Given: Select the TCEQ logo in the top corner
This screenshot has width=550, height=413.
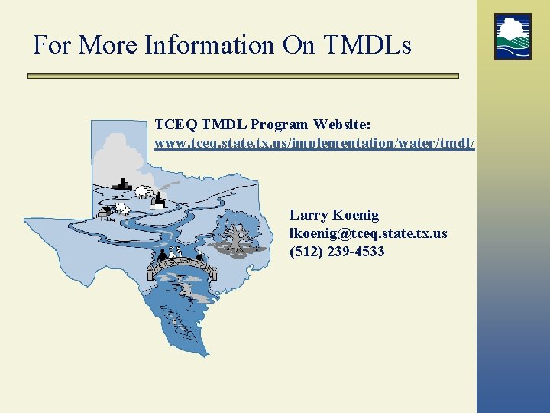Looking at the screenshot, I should tap(513, 36).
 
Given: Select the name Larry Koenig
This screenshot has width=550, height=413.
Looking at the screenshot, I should tap(334, 215).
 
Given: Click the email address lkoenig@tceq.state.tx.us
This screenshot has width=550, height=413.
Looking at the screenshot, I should tap(368, 233).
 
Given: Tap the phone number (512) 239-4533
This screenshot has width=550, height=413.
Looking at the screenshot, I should tap(337, 251).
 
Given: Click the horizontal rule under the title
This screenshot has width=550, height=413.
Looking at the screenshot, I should tap(243, 76).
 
